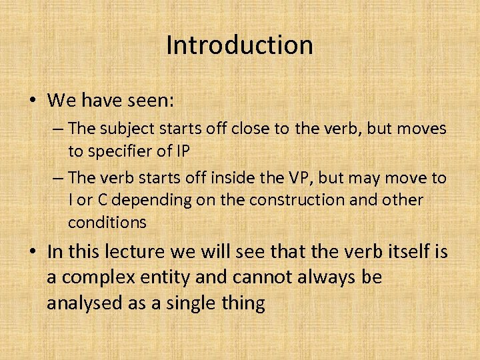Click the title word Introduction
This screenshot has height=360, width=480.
(239, 45)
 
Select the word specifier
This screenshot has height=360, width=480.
(126, 151)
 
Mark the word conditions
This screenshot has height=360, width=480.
(107, 222)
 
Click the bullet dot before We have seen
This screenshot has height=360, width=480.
(32, 101)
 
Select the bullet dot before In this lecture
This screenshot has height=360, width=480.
(32, 253)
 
